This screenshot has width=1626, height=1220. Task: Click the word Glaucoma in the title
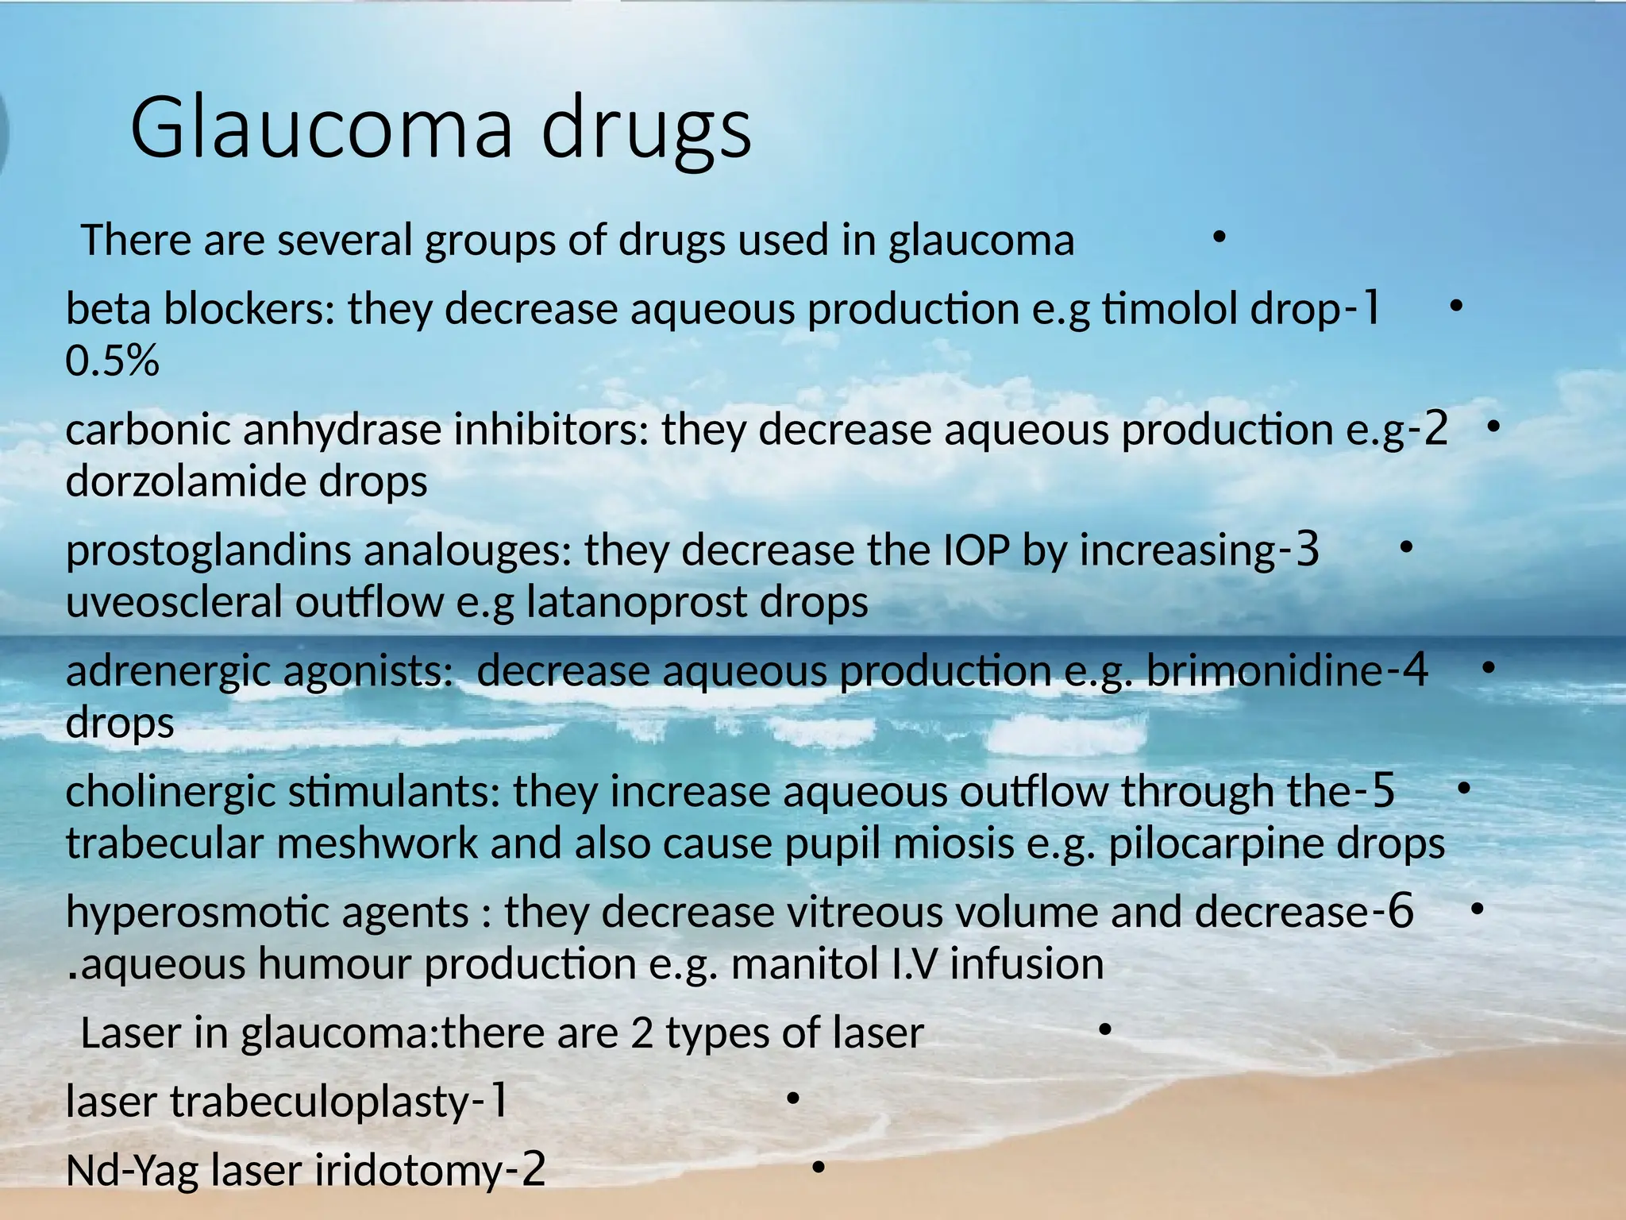tap(322, 127)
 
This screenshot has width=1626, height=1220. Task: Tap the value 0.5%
tap(112, 361)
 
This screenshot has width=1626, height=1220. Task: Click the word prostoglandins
tap(208, 551)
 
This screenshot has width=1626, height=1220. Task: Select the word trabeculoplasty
tap(320, 1102)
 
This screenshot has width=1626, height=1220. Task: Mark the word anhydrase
tap(341, 430)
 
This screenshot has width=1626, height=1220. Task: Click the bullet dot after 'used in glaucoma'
tap(1219, 236)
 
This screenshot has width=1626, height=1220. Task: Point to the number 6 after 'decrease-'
tap(1401, 910)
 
